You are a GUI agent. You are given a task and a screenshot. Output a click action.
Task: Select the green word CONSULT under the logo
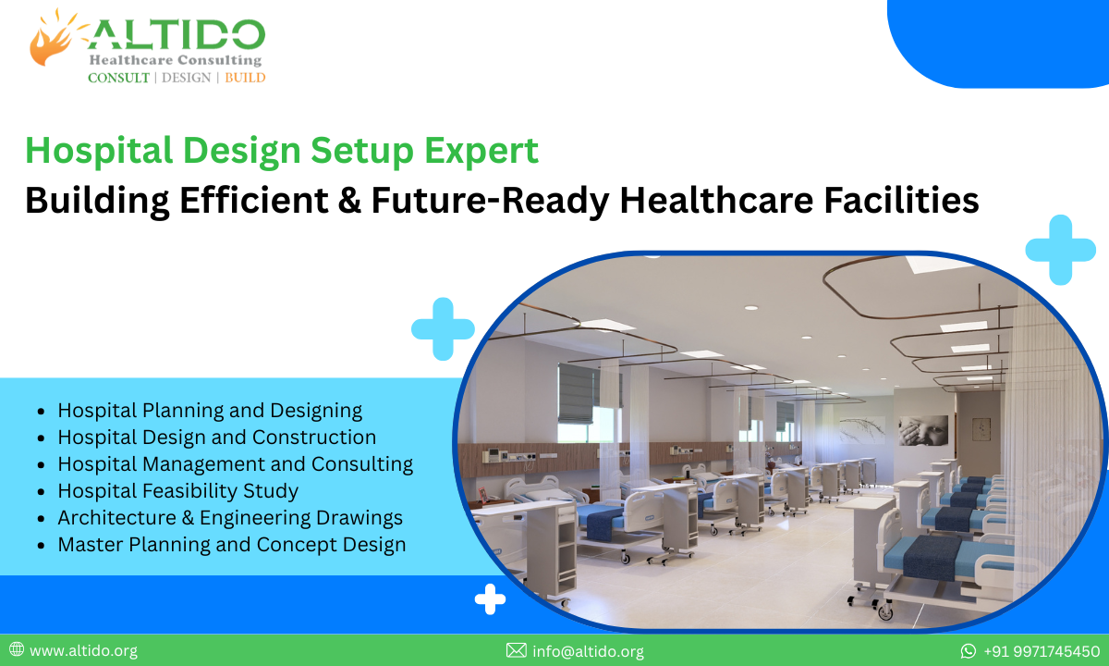118,78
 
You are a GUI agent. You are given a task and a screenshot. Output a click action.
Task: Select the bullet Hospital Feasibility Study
177,490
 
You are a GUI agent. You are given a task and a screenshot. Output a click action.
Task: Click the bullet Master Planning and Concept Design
231,545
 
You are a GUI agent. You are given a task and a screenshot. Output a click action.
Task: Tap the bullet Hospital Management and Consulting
235,463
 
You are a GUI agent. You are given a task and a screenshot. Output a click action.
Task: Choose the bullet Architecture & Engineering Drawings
230,518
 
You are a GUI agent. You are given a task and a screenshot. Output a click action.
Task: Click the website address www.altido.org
83,651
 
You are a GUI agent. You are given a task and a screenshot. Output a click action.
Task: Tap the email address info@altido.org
588,651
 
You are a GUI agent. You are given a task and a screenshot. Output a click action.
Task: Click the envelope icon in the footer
517,651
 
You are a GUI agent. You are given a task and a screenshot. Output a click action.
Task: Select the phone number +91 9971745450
1041,651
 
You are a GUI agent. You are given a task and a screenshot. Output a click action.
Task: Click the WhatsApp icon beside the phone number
969,651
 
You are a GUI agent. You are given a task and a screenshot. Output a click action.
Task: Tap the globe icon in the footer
16,651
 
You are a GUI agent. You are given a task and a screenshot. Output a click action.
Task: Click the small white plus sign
490,599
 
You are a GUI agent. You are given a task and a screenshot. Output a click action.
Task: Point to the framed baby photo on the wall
923,429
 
